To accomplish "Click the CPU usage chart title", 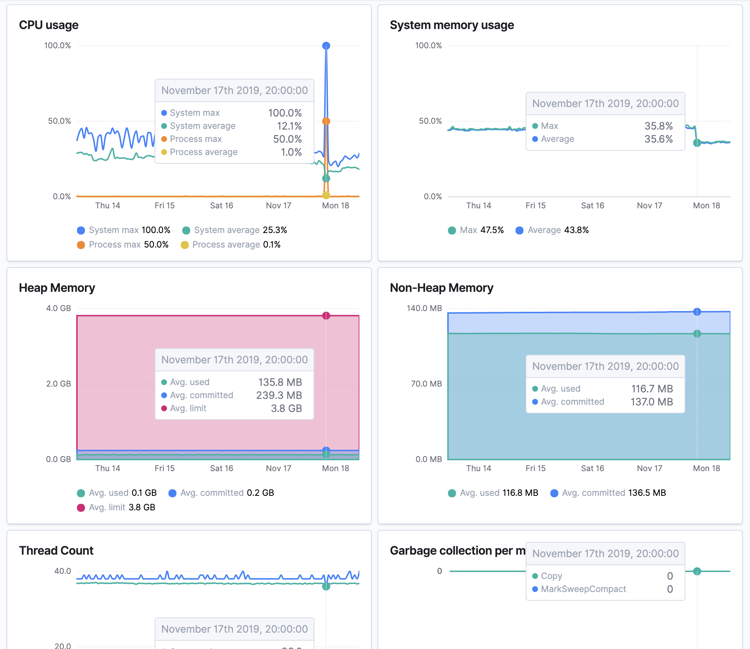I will tap(49, 25).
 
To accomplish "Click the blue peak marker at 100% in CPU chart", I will tap(326, 46).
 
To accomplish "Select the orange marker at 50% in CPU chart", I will tap(326, 121).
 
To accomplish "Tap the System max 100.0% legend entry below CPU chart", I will tap(123, 230).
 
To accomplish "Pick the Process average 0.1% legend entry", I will tap(231, 245).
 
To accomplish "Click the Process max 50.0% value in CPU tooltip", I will tap(287, 139).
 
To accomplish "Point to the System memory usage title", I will tap(452, 25).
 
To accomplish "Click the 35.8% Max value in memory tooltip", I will tap(658, 126).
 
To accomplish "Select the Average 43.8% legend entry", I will tap(552, 230).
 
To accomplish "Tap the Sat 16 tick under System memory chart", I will tap(592, 205).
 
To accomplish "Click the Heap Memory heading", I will tap(57, 288).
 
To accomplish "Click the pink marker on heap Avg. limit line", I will tap(326, 315).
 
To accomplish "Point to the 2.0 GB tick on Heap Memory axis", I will tap(58, 384).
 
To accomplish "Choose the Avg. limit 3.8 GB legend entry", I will tap(116, 507).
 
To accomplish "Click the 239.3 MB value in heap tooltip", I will tap(279, 395).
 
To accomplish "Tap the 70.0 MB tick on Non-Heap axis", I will tap(426, 384).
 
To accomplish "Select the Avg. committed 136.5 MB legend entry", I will tap(608, 493).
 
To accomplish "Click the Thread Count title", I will tap(56, 551).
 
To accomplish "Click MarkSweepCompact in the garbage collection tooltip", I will tap(583, 589).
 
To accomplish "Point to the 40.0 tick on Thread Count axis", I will tap(62, 571).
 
